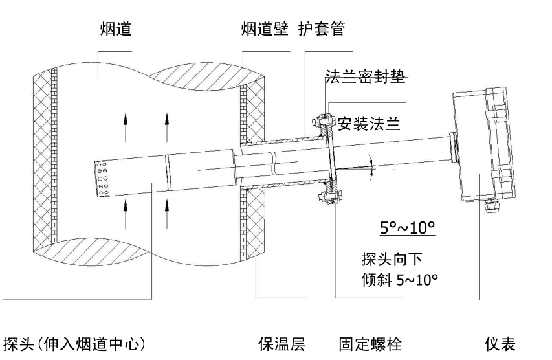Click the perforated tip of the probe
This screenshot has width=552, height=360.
[x=102, y=179]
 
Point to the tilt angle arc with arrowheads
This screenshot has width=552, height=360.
[x=371, y=165]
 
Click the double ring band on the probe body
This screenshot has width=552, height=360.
[x=167, y=172]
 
